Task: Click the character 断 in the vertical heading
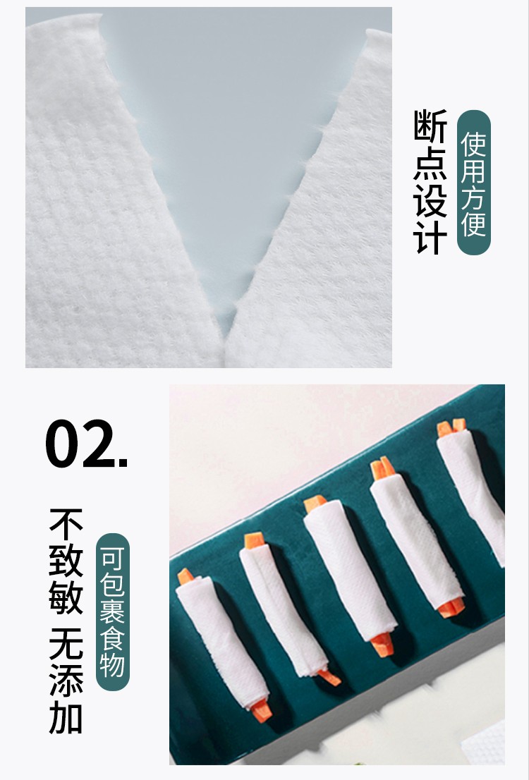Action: [430, 126]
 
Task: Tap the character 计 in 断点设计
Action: [430, 238]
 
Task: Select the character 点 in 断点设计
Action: [430, 163]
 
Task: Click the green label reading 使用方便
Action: [473, 183]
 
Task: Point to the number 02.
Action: [86, 443]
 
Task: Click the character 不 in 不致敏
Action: [66, 524]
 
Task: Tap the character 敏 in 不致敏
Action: [66, 597]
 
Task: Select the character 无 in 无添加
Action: [66, 644]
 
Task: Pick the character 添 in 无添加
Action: [66, 680]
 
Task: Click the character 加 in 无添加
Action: [66, 717]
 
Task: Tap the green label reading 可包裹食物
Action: [112, 611]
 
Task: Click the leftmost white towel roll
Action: [222, 642]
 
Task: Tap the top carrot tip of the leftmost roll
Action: [185, 577]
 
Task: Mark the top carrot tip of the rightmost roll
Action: [451, 427]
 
